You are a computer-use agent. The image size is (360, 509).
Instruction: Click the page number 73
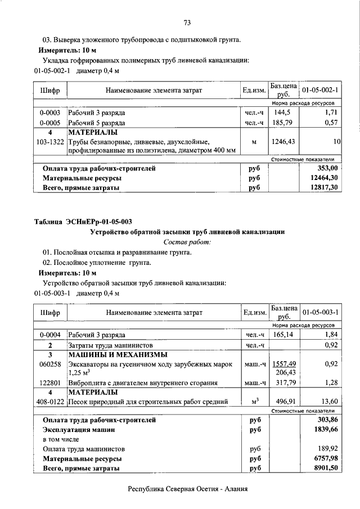pyautogui.click(x=187, y=22)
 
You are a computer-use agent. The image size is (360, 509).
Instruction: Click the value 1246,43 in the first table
pyautogui.click(x=282, y=142)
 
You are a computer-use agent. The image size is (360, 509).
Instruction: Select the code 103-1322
pyautogui.click(x=50, y=142)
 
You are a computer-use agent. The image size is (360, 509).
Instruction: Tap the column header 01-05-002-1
pyautogui.click(x=319, y=90)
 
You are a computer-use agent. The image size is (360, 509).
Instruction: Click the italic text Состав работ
pyautogui.click(x=187, y=242)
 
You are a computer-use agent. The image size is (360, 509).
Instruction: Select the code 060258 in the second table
pyautogui.click(x=50, y=364)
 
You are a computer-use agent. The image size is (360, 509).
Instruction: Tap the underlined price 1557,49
pyautogui.click(x=283, y=364)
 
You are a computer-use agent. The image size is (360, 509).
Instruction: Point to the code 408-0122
pyautogui.click(x=50, y=402)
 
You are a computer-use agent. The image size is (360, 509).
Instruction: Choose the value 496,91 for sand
pyautogui.click(x=284, y=402)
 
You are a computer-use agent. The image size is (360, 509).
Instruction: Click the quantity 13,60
pyautogui.click(x=328, y=402)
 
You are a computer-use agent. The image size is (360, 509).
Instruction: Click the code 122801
pyautogui.click(x=50, y=383)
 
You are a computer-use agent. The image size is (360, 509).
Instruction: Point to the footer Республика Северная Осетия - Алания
pyautogui.click(x=187, y=489)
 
